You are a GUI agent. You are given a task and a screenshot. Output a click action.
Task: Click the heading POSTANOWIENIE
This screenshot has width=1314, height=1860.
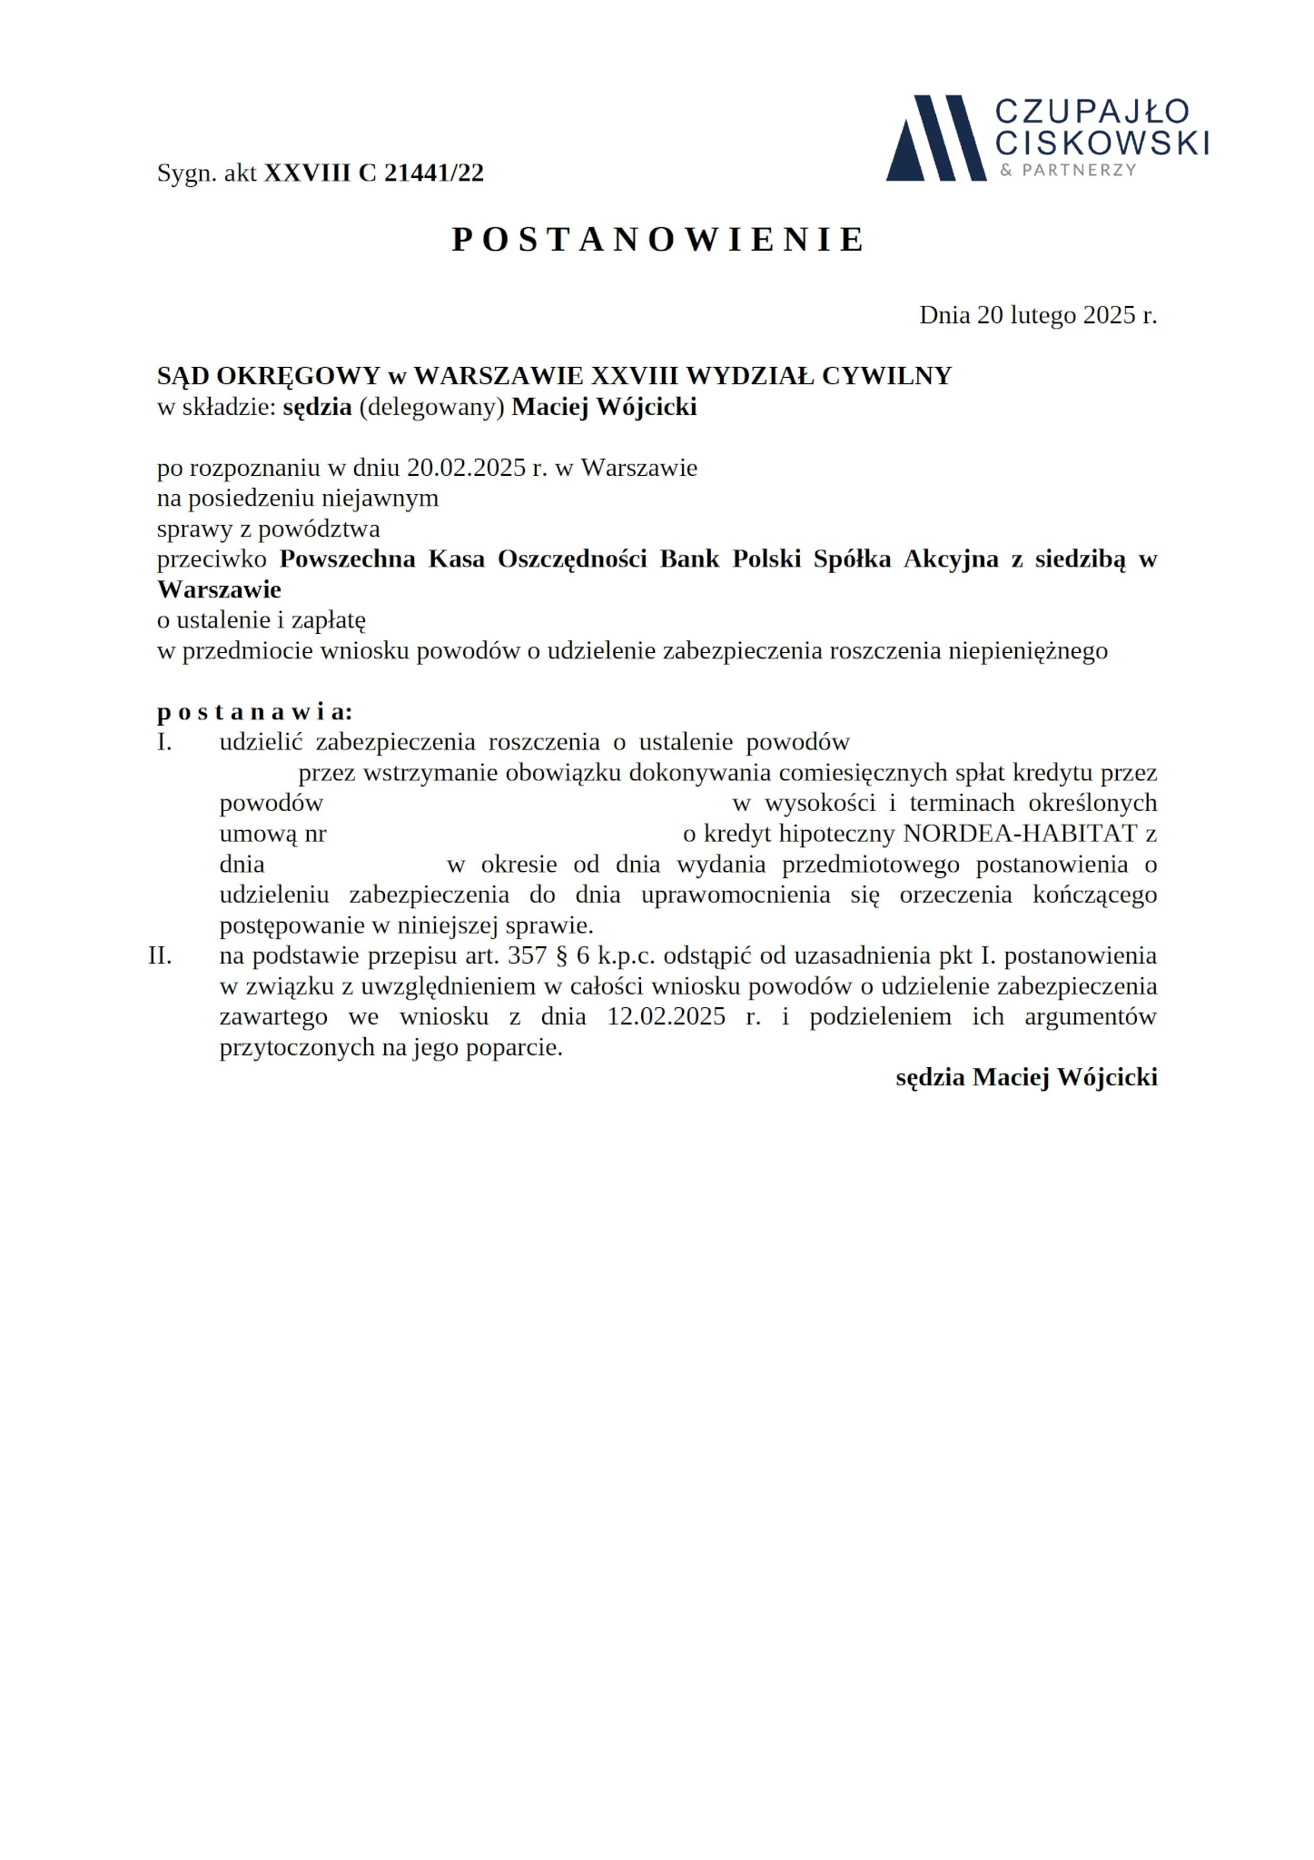[658, 240]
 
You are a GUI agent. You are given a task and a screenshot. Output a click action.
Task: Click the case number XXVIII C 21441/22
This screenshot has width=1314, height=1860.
[373, 173]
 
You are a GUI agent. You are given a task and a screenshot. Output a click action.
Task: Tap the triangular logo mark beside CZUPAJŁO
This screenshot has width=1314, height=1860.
[935, 138]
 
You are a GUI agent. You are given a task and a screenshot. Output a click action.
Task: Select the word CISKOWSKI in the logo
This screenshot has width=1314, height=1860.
[1102, 142]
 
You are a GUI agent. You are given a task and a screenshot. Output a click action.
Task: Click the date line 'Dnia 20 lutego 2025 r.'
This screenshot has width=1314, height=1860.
[1037, 315]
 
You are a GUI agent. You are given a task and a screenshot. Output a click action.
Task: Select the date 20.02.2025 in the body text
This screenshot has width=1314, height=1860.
[466, 468]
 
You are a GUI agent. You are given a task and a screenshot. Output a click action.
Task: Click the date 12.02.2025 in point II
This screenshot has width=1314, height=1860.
[666, 1016]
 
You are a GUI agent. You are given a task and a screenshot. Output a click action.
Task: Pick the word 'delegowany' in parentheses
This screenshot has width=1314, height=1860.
[431, 407]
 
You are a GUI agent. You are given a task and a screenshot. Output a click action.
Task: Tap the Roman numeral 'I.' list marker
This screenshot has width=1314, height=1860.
[164, 742]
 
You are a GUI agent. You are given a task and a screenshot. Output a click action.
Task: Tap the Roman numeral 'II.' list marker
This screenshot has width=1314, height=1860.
[161, 955]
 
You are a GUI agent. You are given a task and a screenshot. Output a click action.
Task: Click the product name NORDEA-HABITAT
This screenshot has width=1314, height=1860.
[1020, 834]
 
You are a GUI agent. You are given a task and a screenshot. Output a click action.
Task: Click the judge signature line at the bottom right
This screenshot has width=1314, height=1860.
[1026, 1077]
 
